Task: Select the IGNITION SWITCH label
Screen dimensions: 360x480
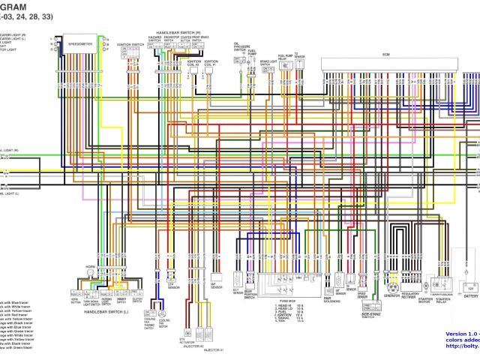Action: coord(130,45)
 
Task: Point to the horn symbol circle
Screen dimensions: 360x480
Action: coord(91,275)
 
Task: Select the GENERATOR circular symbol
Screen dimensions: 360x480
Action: coord(391,287)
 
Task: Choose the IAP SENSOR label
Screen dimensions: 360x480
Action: coord(216,286)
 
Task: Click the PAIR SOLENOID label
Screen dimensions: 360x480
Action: coord(328,300)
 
